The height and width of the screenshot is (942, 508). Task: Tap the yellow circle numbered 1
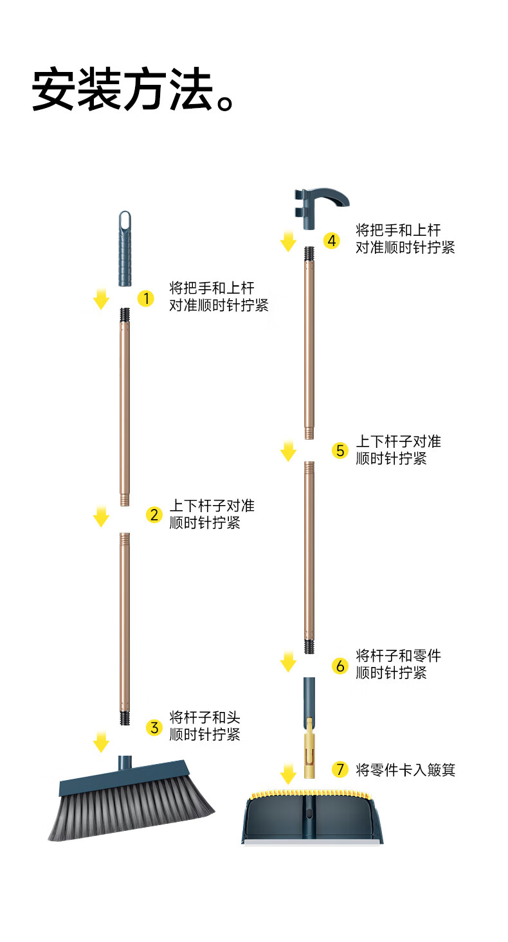click(146, 298)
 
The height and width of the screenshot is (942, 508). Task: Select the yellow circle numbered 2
click(154, 515)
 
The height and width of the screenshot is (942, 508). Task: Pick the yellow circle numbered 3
click(154, 727)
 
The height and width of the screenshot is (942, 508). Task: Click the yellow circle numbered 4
click(331, 240)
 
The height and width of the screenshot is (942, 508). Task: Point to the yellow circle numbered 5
click(340, 450)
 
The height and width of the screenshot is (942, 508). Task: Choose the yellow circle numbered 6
click(340, 666)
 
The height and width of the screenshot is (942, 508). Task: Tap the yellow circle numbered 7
click(340, 769)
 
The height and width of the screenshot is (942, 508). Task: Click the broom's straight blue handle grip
click(125, 249)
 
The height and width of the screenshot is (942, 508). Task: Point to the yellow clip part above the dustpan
click(310, 749)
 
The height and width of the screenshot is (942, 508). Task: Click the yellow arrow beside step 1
click(101, 298)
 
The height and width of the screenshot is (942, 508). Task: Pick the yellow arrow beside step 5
click(288, 450)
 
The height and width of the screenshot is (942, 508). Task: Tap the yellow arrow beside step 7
click(288, 773)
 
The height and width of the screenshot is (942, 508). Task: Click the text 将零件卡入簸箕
click(405, 769)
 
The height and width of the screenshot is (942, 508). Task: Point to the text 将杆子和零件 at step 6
click(399, 656)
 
